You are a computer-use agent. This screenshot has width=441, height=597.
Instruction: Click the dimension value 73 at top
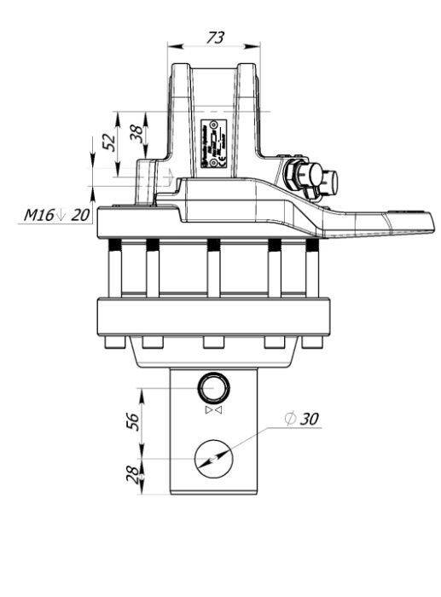tap(216, 37)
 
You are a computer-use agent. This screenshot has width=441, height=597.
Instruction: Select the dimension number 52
tap(108, 142)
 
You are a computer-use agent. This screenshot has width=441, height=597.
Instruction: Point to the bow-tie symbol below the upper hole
tap(212, 411)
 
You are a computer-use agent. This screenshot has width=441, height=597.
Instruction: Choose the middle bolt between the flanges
tap(213, 269)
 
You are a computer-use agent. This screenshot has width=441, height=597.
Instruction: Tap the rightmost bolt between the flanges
tap(313, 269)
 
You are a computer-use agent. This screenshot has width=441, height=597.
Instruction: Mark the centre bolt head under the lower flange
tap(213, 343)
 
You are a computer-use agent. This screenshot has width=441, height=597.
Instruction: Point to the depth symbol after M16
tap(61, 215)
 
